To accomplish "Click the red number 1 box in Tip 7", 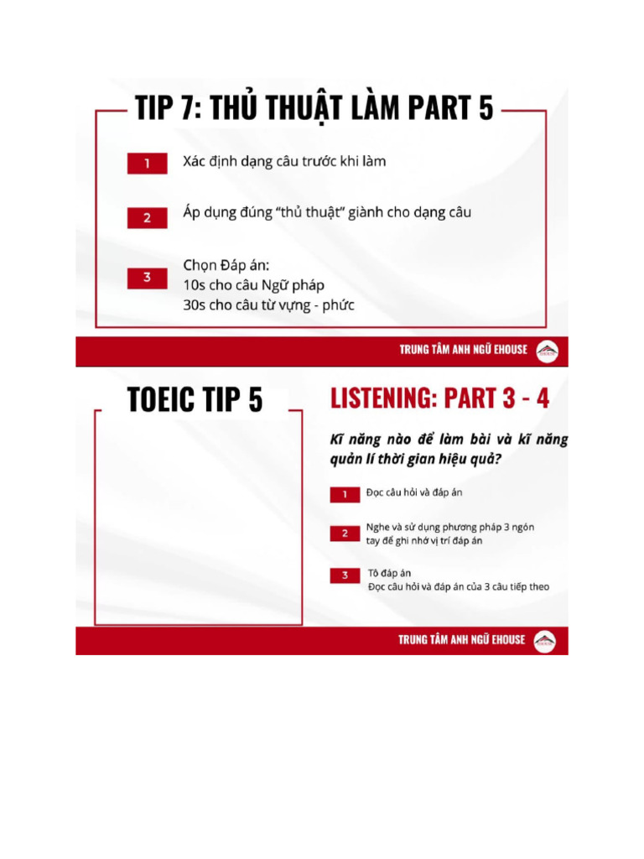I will click(x=147, y=163).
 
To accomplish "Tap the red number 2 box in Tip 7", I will click(x=147, y=217).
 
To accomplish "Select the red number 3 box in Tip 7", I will click(x=147, y=278).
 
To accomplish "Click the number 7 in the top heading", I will click(x=183, y=109).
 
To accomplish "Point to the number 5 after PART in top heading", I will click(x=485, y=109).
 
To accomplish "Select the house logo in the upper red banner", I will click(x=546, y=350).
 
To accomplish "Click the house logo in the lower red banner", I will click(x=546, y=640).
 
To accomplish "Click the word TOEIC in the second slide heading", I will click(x=161, y=400).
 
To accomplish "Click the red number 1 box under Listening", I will click(x=345, y=495).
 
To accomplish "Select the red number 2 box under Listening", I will click(x=345, y=534).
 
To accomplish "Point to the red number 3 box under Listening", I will click(x=345, y=575).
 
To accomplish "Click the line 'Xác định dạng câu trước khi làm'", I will click(x=284, y=161).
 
